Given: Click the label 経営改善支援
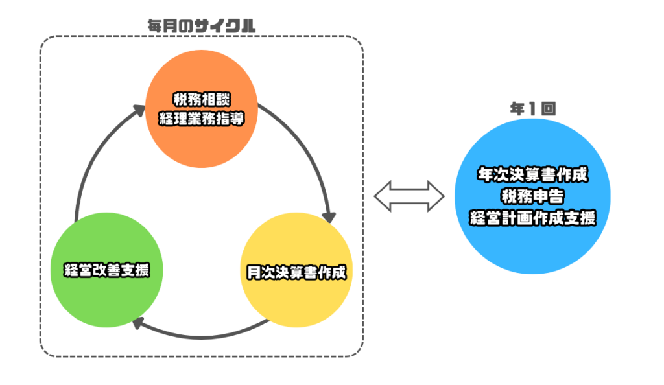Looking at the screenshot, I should (x=106, y=270).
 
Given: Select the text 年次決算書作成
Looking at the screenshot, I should (x=532, y=175).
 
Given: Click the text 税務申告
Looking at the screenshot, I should (x=532, y=196).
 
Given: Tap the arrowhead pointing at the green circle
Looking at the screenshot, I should (x=137, y=323).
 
